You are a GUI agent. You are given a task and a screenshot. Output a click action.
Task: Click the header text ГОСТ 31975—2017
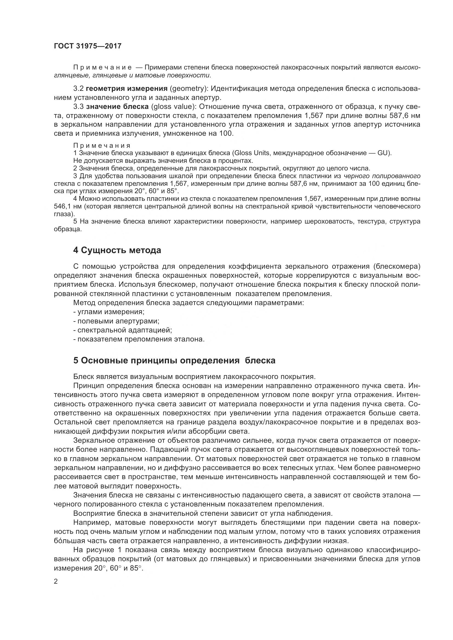88,46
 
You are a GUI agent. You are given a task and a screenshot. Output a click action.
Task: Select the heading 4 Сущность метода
117,250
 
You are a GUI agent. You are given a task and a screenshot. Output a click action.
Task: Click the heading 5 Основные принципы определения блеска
174,360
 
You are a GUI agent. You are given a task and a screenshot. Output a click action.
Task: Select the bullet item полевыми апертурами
116,321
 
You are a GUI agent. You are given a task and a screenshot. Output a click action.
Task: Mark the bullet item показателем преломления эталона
139,340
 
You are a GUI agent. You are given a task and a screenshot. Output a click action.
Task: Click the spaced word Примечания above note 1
102,146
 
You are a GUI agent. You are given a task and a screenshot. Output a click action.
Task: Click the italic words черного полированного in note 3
382,176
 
